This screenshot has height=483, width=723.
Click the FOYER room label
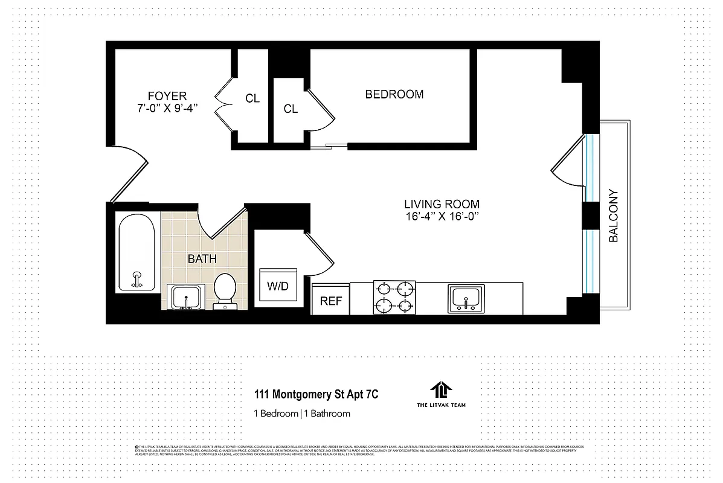pyautogui.click(x=167, y=96)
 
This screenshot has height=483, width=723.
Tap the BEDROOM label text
pyautogui.click(x=394, y=94)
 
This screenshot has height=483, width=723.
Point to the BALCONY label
pyautogui.click(x=614, y=216)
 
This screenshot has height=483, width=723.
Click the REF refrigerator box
pyautogui.click(x=330, y=300)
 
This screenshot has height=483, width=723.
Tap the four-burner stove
pyautogui.click(x=395, y=297)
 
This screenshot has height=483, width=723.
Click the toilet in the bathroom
pyautogui.click(x=225, y=289)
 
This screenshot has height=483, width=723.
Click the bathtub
pyautogui.click(x=137, y=254)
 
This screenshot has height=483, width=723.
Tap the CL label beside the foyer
pyautogui.click(x=252, y=98)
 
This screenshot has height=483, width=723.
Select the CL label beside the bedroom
pyautogui.click(x=291, y=109)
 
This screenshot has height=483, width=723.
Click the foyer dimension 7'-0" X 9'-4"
pyautogui.click(x=167, y=108)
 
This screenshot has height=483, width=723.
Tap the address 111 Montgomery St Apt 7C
pyautogui.click(x=317, y=395)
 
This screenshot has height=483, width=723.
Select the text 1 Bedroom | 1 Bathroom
pyautogui.click(x=301, y=414)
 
